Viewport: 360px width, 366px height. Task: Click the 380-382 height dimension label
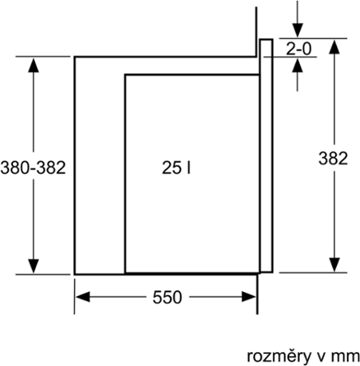[x=33, y=168]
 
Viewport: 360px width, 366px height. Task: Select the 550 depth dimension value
[x=167, y=298]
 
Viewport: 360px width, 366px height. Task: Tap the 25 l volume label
[x=176, y=168]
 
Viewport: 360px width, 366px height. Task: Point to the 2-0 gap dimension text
[x=299, y=49]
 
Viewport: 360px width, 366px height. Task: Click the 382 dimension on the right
[x=333, y=159]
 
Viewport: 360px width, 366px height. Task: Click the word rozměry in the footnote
[x=279, y=356]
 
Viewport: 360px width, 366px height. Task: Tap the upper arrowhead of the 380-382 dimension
[x=33, y=65]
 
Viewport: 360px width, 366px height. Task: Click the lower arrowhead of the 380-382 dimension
[x=33, y=266]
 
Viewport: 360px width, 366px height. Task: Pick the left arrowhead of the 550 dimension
[x=83, y=297]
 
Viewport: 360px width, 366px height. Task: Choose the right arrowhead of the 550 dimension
[x=249, y=297]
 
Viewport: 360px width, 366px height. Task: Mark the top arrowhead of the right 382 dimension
[x=335, y=47]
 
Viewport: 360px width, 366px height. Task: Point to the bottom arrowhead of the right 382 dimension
[x=335, y=264]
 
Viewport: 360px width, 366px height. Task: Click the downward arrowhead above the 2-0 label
[x=297, y=30]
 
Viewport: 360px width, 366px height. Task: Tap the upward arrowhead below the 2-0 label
[x=297, y=65]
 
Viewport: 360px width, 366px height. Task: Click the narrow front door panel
[x=266, y=155]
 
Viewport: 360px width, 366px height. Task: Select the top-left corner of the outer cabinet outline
[x=75, y=57]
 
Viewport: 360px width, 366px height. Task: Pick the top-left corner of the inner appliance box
[x=125, y=75]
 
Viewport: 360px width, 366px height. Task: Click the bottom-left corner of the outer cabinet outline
[x=75, y=274]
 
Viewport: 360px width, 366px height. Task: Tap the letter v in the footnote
[x=322, y=357]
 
